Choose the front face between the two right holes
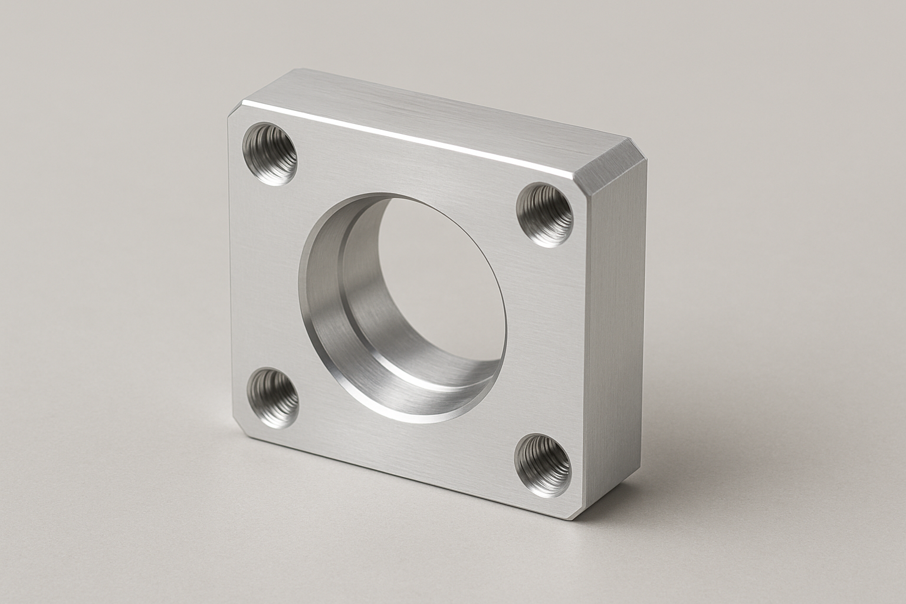(546, 336)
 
